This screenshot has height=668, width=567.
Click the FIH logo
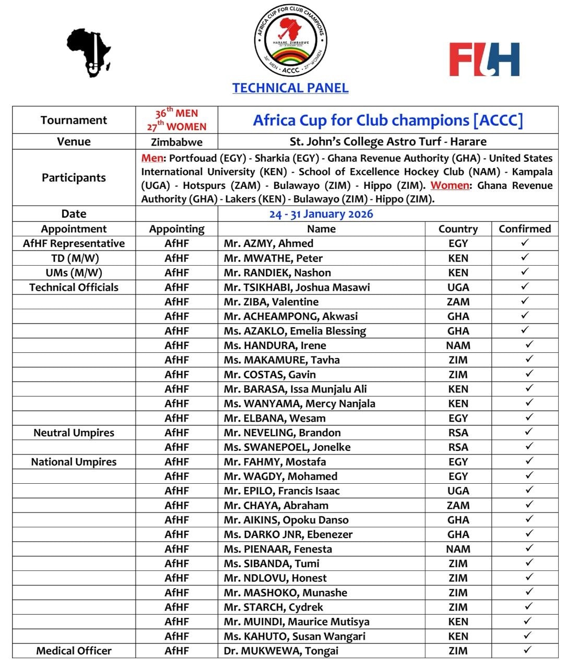click(484, 59)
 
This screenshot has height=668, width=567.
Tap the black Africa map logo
click(89, 52)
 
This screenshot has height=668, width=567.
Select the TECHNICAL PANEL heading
click(290, 88)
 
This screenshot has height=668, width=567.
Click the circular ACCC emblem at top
click(290, 41)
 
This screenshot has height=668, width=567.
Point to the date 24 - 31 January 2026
click(321, 214)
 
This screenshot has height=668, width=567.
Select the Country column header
click(458, 229)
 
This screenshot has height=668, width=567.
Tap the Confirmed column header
click(525, 229)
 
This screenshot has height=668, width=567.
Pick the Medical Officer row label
click(74, 651)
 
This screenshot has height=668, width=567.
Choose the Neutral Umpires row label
click(74, 433)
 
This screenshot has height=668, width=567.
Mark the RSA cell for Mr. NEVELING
click(458, 433)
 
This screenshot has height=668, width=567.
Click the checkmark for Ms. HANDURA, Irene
click(529, 344)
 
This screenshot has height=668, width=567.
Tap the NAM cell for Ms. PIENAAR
click(458, 549)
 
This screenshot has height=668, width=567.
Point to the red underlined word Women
click(450, 185)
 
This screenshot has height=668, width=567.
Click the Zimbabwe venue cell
click(176, 142)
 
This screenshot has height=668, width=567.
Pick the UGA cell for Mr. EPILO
click(458, 491)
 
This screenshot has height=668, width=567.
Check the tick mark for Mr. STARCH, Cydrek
click(529, 606)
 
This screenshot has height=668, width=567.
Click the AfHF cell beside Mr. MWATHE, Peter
click(176, 258)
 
